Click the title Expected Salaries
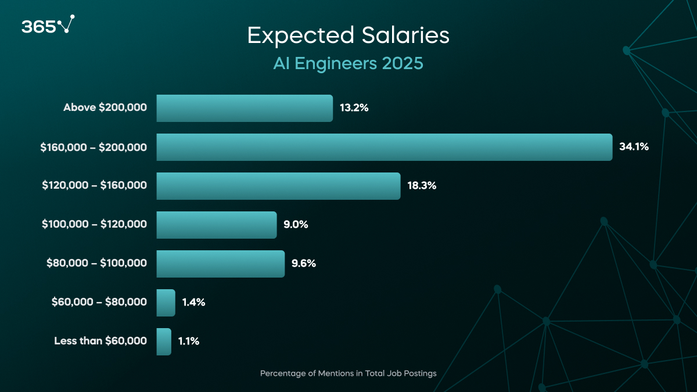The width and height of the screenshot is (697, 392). point(348,36)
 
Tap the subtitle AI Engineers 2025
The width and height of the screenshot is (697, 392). point(348,63)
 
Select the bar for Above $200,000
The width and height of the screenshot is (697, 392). point(245,108)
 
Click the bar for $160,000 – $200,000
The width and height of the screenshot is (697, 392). point(384,147)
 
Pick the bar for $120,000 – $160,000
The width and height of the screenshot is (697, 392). point(278,186)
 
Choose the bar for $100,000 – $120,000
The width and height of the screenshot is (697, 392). point(217,225)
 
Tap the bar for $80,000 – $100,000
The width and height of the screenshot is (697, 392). point(221,264)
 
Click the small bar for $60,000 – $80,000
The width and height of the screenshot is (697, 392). point(166,303)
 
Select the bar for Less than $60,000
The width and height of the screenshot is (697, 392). point(164,341)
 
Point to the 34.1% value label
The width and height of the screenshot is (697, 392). point(634,147)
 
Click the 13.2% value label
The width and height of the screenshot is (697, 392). point(354,108)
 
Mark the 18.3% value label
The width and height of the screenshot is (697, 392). point(422,186)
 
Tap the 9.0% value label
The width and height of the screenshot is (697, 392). point(296,225)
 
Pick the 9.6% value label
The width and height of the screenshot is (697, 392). point(304,264)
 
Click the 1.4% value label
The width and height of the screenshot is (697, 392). point(193,303)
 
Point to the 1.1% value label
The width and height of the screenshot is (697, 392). point(188,341)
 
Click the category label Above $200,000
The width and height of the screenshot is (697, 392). point(105,108)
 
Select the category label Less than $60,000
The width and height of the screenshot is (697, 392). point(100,341)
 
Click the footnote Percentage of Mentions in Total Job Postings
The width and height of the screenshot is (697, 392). point(348,373)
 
